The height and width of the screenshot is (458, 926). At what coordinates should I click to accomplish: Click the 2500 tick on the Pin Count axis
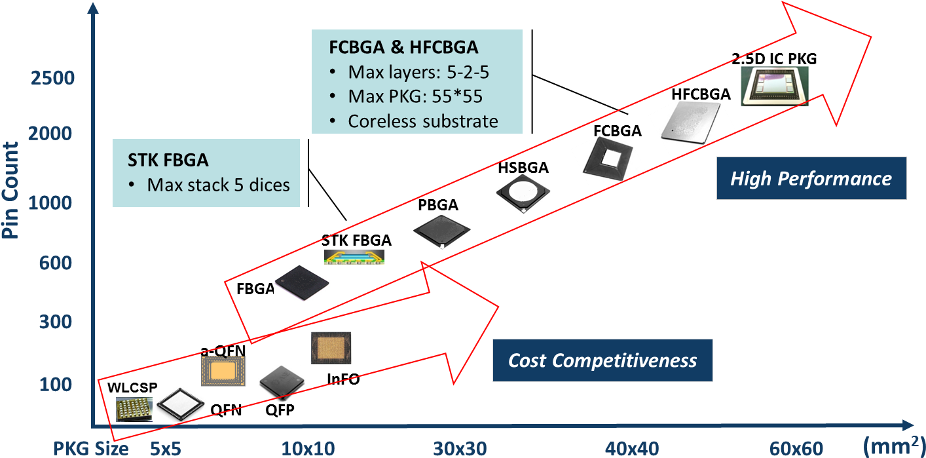[x=52, y=79]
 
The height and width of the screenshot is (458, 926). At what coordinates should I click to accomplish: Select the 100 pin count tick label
[x=56, y=384]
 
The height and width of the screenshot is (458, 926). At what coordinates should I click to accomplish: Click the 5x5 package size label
[x=166, y=449]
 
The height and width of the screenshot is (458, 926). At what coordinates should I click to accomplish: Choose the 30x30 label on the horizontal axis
[x=460, y=449]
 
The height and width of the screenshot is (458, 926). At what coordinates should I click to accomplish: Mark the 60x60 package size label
[x=796, y=449]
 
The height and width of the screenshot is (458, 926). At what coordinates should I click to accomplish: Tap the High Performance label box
[x=811, y=178]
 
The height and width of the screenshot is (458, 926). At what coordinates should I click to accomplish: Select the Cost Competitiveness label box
[x=602, y=360]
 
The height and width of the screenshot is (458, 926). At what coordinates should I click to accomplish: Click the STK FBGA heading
[x=167, y=161]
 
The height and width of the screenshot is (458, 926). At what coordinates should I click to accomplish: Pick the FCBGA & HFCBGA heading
[x=403, y=48]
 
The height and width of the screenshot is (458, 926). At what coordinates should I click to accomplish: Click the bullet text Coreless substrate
[x=423, y=121]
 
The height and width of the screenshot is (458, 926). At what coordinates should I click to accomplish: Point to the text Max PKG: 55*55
[x=415, y=96]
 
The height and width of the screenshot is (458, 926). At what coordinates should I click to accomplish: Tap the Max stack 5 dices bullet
[x=218, y=185]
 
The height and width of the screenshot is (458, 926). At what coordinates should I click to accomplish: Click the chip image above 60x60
[x=775, y=86]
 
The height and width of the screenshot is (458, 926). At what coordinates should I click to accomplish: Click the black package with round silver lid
[x=524, y=193]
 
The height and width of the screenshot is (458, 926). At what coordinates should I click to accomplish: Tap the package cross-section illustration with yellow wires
[x=354, y=257]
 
